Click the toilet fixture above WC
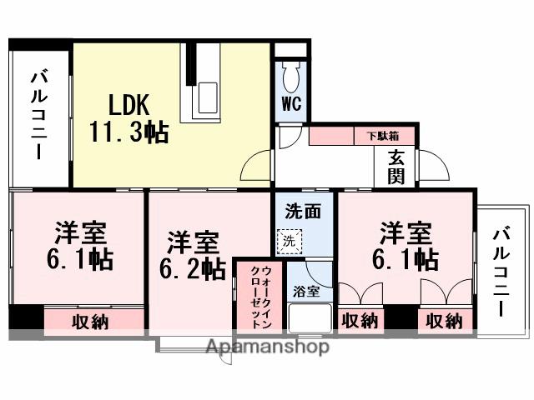[x=291, y=77]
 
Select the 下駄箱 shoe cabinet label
[x=381, y=135]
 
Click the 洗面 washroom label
[x=302, y=212]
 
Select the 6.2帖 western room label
[x=193, y=255]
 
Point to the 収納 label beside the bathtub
[x=360, y=321]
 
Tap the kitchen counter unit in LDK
[x=205, y=83]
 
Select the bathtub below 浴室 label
[x=308, y=320]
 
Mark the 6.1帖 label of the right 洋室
[x=406, y=247]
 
